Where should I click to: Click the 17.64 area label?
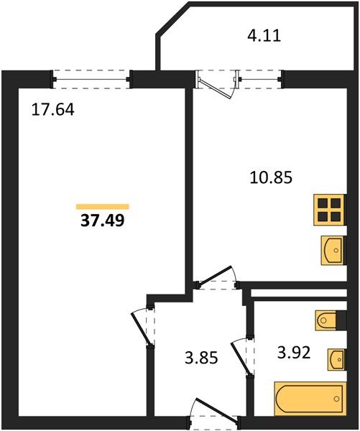click(x=52, y=109)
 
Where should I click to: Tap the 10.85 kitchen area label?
click(x=271, y=177)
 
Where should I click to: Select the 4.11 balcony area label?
click(x=264, y=36)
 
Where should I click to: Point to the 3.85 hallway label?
click(x=201, y=358)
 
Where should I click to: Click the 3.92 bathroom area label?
click(x=294, y=353)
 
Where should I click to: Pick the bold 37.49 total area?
click(x=103, y=221)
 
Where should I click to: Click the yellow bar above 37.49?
click(x=103, y=207)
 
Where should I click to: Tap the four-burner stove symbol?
click(x=330, y=210)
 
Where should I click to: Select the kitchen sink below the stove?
click(x=333, y=250)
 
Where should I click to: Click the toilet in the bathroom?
click(x=327, y=320)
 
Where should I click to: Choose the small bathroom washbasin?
click(x=336, y=360)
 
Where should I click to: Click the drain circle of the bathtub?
click(x=336, y=398)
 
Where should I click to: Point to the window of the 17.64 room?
click(x=91, y=80)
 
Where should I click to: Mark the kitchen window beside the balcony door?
click(x=260, y=80)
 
